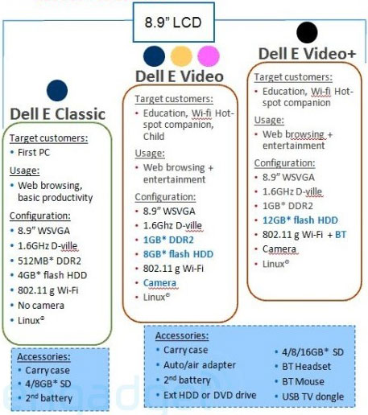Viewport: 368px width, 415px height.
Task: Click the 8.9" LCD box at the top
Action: pos(173,23)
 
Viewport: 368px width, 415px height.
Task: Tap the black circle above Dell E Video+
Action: pos(307,32)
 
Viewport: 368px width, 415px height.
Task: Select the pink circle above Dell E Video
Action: pos(209,56)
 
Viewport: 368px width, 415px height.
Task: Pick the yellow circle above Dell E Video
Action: pos(181,56)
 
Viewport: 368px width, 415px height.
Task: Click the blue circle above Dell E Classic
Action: pos(57,90)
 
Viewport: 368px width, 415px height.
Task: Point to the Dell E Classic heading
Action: pos(57,114)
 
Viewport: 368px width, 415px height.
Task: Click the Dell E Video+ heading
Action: pos(307,54)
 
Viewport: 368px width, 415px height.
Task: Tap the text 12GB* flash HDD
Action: pos(300,220)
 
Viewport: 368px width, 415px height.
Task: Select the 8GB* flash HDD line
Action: pos(178,254)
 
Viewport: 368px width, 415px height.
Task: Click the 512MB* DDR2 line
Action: pos(49,261)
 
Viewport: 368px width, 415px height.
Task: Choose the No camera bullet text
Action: pos(41,306)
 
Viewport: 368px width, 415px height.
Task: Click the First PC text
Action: pos(34,152)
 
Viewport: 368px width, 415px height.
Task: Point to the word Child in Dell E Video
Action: pos(154,136)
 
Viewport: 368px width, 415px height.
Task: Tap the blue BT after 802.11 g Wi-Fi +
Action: pos(341,235)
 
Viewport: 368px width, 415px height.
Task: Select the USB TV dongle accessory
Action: pos(313,397)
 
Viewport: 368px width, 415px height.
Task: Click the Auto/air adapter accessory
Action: pos(200,365)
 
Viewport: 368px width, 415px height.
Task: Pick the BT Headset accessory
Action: pos(306,366)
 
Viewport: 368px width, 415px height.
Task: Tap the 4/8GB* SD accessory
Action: pos(48,384)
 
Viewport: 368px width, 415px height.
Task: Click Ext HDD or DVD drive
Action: pos(210,395)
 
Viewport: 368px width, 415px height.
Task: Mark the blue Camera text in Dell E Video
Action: pos(159,282)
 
